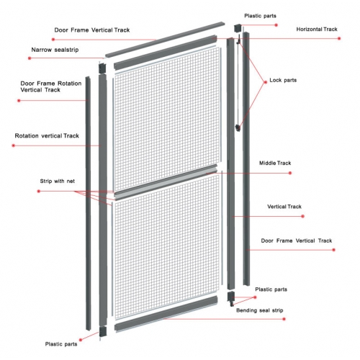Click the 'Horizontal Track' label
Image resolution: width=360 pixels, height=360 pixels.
click(x=317, y=30)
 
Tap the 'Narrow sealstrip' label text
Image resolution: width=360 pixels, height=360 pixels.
click(x=55, y=50)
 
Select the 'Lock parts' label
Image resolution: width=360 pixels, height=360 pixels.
click(x=283, y=80)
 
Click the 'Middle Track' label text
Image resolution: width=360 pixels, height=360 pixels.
click(x=275, y=163)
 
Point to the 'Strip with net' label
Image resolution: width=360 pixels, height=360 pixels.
click(x=58, y=181)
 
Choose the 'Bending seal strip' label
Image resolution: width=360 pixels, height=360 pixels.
click(x=260, y=310)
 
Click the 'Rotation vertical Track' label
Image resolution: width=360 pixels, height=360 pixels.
click(x=47, y=136)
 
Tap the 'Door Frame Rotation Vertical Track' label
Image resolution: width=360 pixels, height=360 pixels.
click(x=51, y=86)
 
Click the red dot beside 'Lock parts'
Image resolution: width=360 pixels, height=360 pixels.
click(x=266, y=82)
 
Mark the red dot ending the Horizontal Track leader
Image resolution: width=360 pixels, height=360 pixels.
click(x=339, y=38)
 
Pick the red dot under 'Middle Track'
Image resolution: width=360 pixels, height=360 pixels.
click(x=290, y=173)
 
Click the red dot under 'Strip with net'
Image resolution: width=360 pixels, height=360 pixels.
click(x=39, y=192)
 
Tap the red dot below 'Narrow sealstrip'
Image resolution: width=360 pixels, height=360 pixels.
click(x=30, y=58)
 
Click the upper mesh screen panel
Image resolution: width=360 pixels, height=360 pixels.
click(x=167, y=120)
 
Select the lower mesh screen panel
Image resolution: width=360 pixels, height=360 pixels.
click(x=167, y=247)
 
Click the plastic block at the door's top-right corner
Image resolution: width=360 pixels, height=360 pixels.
click(x=238, y=27)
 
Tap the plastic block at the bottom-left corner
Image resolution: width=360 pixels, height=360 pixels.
click(x=103, y=331)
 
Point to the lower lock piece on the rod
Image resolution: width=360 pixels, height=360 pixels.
click(x=238, y=127)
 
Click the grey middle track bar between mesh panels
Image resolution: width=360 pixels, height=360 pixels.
click(x=166, y=182)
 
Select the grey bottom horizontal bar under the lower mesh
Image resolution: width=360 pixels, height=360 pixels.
click(x=166, y=314)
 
